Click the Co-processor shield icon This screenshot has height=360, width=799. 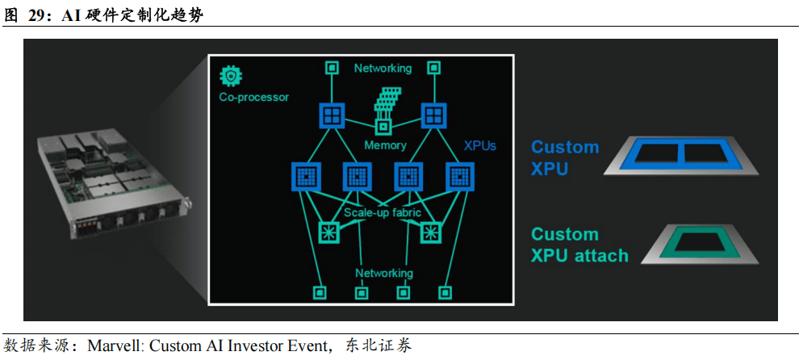coord(231,77)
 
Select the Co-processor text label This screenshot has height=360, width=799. coord(253,98)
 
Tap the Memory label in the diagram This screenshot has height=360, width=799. coord(385,145)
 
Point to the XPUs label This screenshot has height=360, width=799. coord(479,146)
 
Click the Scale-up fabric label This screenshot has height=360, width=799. coord(383,213)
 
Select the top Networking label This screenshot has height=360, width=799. coord(383,69)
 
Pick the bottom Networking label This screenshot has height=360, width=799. coord(384,273)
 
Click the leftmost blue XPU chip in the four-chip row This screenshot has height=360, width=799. coord(307,176)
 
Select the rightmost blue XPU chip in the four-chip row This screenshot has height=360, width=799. coord(458,176)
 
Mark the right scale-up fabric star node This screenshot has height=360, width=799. coord(431,232)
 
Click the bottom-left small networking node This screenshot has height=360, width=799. coord(320,291)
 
